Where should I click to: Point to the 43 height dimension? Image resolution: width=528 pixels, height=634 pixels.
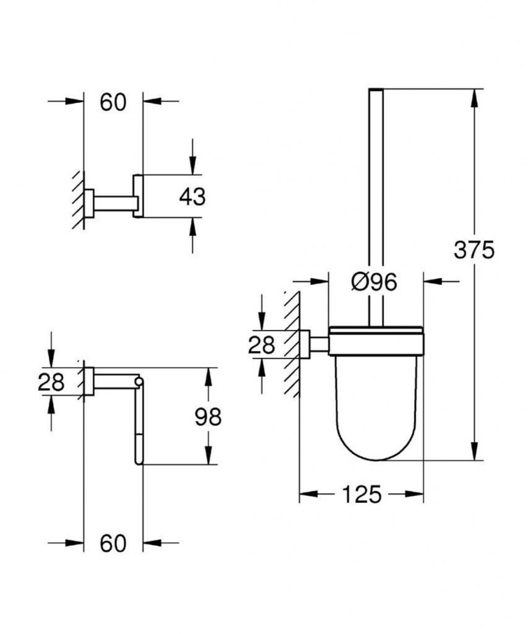point(191,198)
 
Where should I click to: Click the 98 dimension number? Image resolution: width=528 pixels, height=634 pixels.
point(207,417)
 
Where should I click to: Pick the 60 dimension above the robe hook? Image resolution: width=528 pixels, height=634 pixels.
point(113,103)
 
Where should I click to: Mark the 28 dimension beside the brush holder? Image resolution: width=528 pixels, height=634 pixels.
point(261,344)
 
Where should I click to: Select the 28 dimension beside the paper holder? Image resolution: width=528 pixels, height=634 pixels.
point(51,382)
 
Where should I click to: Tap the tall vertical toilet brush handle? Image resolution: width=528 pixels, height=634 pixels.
point(376,204)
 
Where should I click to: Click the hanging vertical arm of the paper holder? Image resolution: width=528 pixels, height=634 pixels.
point(138,427)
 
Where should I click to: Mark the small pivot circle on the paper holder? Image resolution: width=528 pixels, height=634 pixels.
point(139,381)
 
